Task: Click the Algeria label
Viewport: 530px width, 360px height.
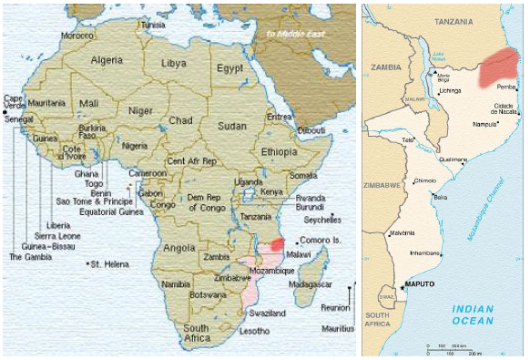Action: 107,59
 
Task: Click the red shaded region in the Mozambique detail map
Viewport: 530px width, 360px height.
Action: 499,66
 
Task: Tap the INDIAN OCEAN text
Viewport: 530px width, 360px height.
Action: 474,314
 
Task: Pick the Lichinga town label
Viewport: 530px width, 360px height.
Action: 451,91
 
